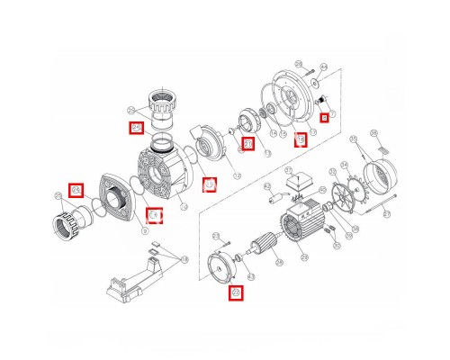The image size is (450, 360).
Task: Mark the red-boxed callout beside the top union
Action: [137, 129]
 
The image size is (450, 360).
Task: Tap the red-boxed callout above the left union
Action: [76, 190]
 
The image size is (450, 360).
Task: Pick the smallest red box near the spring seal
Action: [324, 117]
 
